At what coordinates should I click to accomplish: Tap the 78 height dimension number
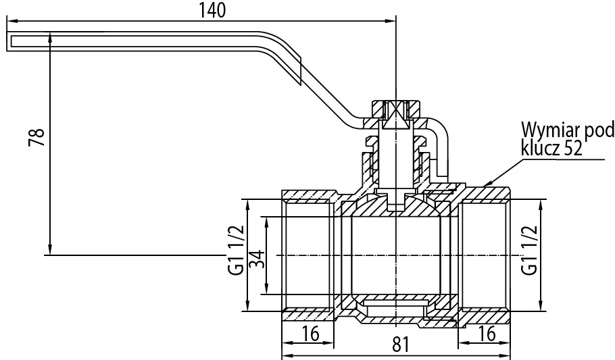[x=36, y=137]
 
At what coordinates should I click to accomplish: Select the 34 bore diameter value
[x=257, y=259]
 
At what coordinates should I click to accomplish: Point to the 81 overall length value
[x=401, y=344]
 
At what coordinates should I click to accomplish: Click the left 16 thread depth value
[x=310, y=334]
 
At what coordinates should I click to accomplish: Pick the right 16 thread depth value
[x=487, y=334]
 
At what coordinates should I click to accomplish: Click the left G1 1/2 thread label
[x=237, y=250]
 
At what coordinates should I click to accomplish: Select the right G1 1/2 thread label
[x=529, y=250]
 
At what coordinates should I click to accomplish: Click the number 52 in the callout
[x=572, y=149]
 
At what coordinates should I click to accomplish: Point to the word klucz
[x=541, y=149]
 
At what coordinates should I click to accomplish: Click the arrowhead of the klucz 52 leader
[x=487, y=184]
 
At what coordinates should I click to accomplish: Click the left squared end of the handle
[x=9, y=41]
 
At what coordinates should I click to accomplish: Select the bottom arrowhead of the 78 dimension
[x=50, y=250]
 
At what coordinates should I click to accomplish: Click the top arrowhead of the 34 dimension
[x=267, y=222]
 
